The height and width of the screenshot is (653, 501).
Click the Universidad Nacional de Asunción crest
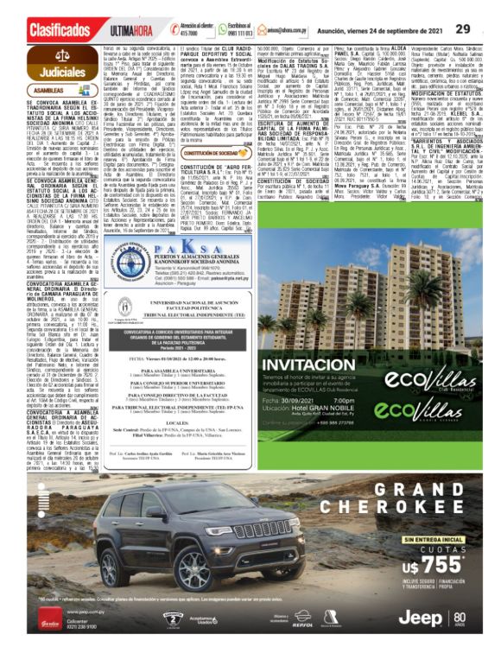pos(165,285)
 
